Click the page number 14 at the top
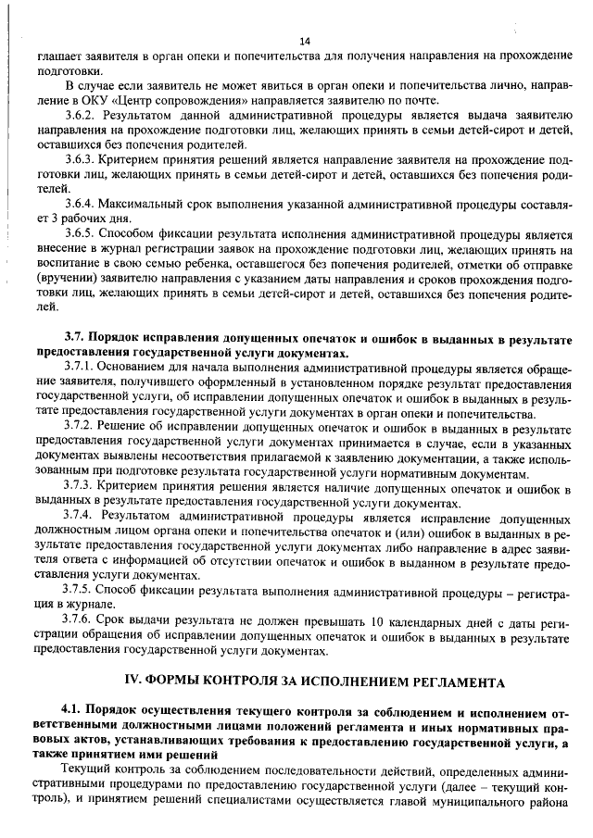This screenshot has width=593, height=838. click(305, 42)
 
